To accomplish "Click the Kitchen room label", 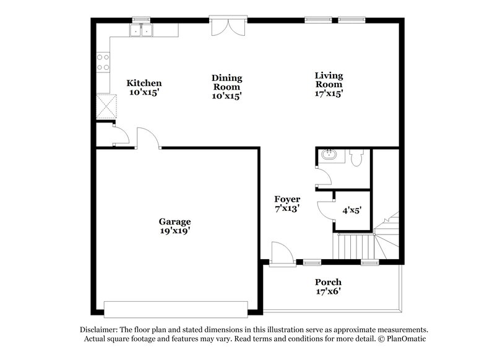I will tap(144, 83).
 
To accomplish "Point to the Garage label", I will tap(174, 221).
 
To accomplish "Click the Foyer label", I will tap(287, 199).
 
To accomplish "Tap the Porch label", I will tap(328, 282).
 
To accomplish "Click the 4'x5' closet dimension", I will tap(352, 210).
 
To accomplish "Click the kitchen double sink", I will tap(142, 30).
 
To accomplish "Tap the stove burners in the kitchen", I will tap(103, 62).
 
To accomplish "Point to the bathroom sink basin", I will tap(329, 155).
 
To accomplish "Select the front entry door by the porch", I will tap(279, 254).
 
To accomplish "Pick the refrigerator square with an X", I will tap(107, 106).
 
